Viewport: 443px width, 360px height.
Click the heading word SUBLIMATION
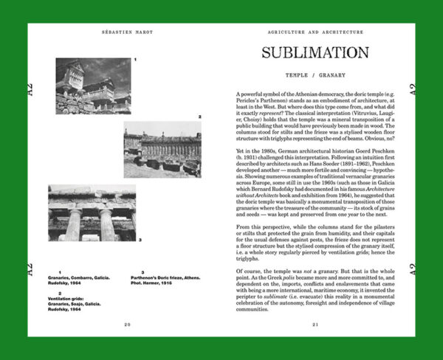[x=315, y=53]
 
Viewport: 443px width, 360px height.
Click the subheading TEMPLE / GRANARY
[x=315, y=75]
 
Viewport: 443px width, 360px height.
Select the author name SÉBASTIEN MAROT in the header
[x=126, y=33]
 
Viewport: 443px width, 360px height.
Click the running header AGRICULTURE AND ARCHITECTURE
[x=316, y=33]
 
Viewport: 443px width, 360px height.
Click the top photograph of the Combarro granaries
[x=93, y=86]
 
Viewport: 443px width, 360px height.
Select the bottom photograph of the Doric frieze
[x=92, y=212]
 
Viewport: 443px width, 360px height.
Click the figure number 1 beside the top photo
[x=135, y=60]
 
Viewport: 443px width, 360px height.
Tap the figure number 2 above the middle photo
[x=199, y=117]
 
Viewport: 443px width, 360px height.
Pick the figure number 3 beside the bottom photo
[x=140, y=239]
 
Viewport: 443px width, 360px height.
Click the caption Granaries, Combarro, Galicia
[x=84, y=280]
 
